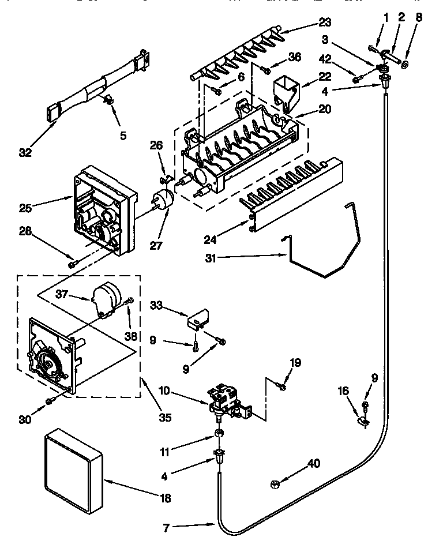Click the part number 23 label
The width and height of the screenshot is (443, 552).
pyautogui.click(x=325, y=23)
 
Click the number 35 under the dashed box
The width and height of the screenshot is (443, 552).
pyautogui.click(x=165, y=418)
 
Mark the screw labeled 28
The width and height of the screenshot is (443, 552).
pyautogui.click(x=72, y=264)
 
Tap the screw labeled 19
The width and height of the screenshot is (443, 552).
pyautogui.click(x=282, y=386)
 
